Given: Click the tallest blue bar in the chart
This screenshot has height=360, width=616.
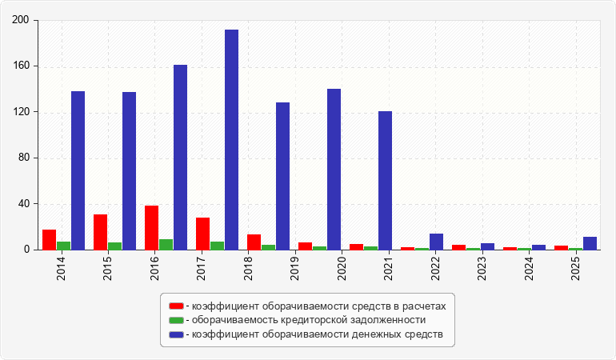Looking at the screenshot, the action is pyautogui.click(x=231, y=139).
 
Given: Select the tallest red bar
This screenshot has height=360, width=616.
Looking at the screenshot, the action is pyautogui.click(x=152, y=227).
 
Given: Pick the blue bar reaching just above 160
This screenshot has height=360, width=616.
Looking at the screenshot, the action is pyautogui.click(x=180, y=158).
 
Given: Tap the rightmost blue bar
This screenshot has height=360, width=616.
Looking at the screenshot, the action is pyautogui.click(x=590, y=243).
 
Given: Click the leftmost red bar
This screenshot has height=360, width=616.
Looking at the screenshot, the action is pyautogui.click(x=49, y=240).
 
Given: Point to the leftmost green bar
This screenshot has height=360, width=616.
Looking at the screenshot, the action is pyautogui.click(x=64, y=246).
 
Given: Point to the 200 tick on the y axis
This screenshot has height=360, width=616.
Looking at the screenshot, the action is pyautogui.click(x=21, y=20).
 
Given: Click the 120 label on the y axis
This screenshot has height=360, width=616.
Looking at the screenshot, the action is pyautogui.click(x=21, y=112).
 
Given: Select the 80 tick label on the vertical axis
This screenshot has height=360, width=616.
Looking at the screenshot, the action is pyautogui.click(x=23, y=158).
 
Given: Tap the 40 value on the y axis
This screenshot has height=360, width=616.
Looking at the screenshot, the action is pyautogui.click(x=23, y=203).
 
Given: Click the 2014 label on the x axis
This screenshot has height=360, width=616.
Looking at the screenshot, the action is pyautogui.click(x=61, y=269).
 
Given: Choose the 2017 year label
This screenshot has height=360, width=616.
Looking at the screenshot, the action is pyautogui.click(x=201, y=269).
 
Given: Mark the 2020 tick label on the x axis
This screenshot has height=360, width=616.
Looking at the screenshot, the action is pyautogui.click(x=342, y=269).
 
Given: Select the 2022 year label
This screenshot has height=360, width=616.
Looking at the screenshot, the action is pyautogui.click(x=435, y=269).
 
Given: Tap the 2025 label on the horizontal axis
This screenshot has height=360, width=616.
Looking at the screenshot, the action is pyautogui.click(x=575, y=269).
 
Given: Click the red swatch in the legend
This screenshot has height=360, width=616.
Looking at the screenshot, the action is pyautogui.click(x=176, y=306).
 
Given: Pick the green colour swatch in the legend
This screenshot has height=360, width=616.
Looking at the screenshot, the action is pyautogui.click(x=176, y=320).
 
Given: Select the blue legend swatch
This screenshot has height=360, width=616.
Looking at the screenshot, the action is pyautogui.click(x=176, y=334).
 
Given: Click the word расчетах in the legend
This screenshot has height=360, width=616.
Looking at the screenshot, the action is pyautogui.click(x=425, y=306).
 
